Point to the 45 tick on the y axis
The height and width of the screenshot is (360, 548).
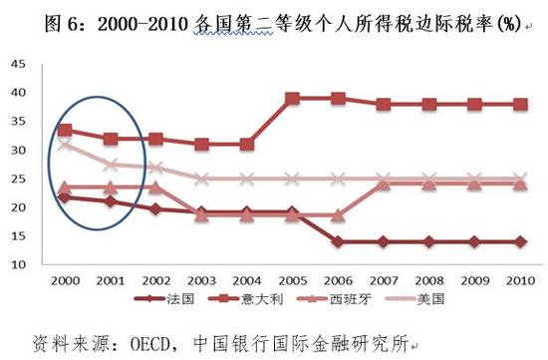[x=18, y=65]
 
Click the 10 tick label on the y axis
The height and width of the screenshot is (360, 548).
[x=18, y=266]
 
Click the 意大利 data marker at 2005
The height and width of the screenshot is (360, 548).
[x=292, y=99]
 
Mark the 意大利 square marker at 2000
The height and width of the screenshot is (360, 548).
[x=65, y=131]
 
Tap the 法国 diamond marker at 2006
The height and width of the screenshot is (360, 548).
[x=337, y=242]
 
